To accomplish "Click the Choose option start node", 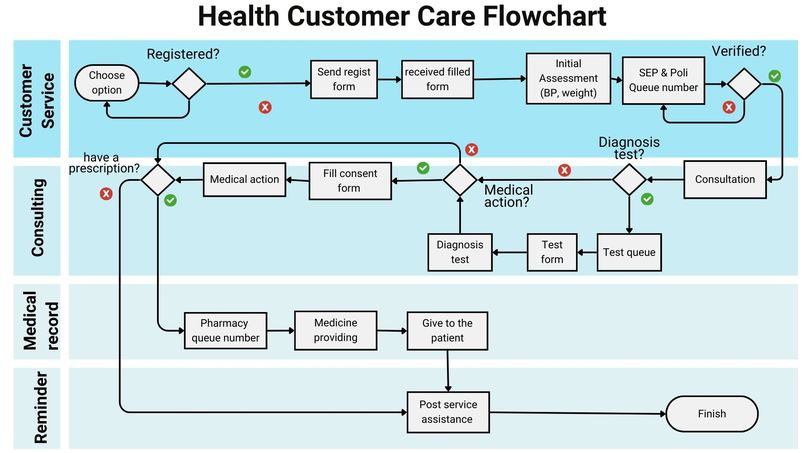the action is [x=107, y=82].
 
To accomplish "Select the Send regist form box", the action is [x=344, y=79].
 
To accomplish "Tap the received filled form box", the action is [x=437, y=79].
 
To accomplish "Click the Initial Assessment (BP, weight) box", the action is [x=569, y=78].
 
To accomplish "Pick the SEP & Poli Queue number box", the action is [x=663, y=80].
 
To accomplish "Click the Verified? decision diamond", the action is [x=744, y=84].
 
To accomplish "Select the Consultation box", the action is [x=725, y=179].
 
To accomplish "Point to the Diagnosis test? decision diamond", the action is [x=629, y=179].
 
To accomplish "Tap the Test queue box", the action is [x=629, y=252].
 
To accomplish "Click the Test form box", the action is [x=552, y=252].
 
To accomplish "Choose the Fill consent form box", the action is [x=350, y=181].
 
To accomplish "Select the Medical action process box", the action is [x=244, y=179].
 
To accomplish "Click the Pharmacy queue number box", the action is [x=225, y=331].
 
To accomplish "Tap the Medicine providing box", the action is [x=336, y=330].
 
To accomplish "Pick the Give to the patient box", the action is [x=447, y=331].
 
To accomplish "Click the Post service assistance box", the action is [x=448, y=412].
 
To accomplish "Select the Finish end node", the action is [x=712, y=413].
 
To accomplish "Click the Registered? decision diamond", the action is [x=189, y=83].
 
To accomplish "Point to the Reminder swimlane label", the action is [x=41, y=408].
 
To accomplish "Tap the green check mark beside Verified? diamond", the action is [x=775, y=76].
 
